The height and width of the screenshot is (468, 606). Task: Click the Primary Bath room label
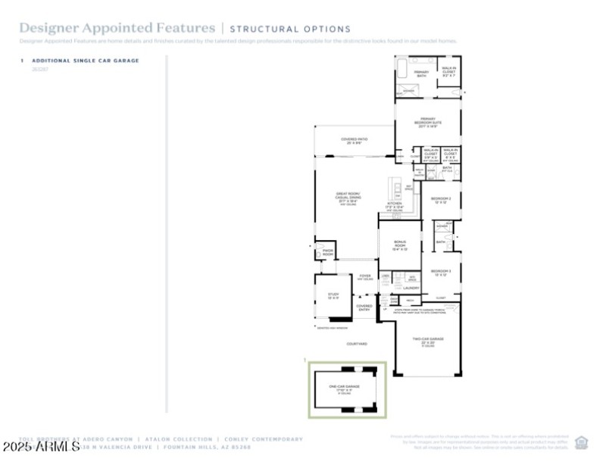420,73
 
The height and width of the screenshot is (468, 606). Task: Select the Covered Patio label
354,141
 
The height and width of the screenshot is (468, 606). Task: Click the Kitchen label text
395,206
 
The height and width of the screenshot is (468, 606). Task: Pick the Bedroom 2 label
441,200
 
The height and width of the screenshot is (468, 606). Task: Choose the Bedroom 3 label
441,273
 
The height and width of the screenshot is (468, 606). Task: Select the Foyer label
364,276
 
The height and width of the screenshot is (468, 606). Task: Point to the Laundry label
411,289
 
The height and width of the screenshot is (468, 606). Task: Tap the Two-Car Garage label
427,341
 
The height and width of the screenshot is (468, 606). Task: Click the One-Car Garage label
345,389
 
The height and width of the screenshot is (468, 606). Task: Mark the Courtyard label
357,344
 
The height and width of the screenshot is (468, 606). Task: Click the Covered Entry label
364,307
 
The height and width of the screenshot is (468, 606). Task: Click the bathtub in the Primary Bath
401,73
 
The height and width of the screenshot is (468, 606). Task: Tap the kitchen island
394,188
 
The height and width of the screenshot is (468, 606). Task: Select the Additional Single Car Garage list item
85,61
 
